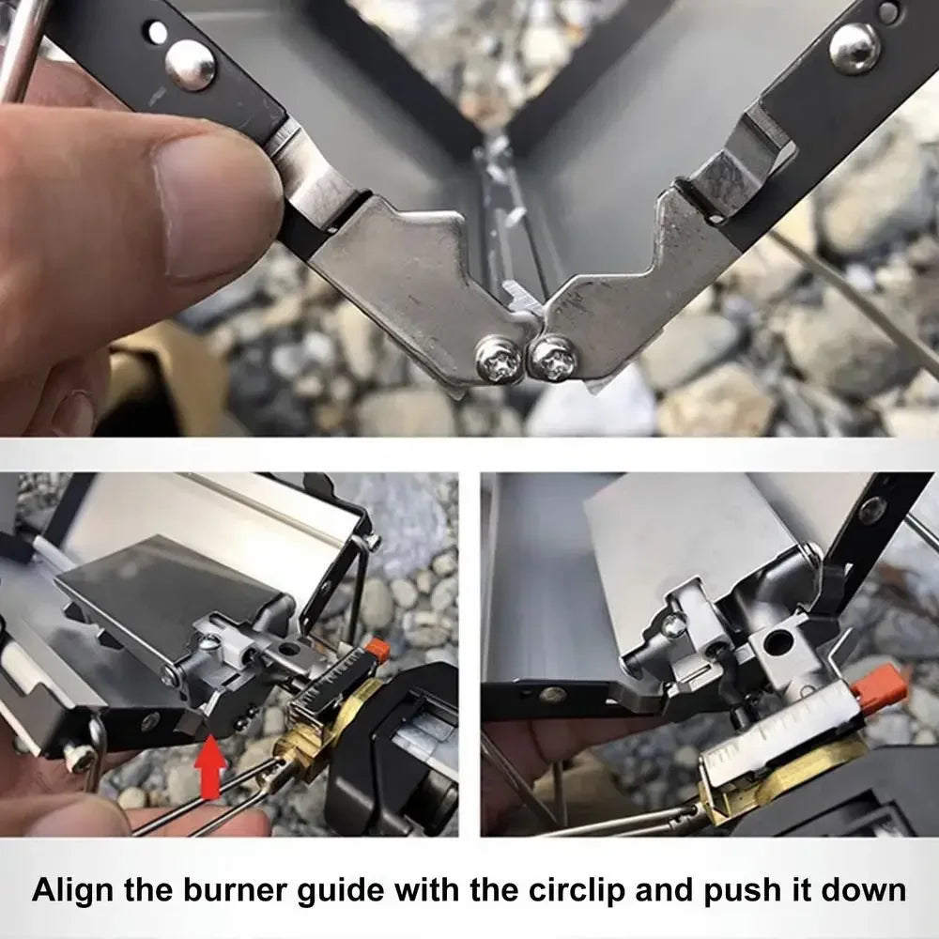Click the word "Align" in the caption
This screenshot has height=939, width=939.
[72, 890]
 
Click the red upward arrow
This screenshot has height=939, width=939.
[210, 768]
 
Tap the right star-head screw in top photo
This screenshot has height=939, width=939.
[553, 360]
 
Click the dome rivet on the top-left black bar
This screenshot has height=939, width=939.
[190, 65]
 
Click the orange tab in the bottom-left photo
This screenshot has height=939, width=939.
[377, 649]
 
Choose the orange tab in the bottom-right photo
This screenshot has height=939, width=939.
[880, 692]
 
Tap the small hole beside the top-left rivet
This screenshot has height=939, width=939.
[158, 32]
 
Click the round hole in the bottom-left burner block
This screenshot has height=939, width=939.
[293, 648]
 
